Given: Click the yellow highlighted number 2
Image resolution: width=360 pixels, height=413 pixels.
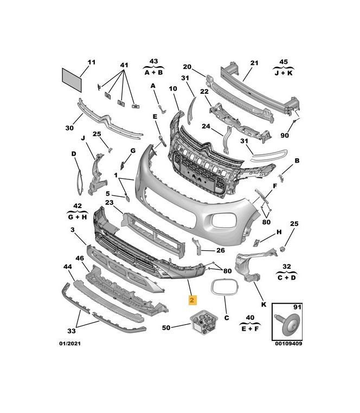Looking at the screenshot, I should coord(192,299).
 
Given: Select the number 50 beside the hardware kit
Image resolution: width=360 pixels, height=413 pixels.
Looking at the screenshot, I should coord(166,327).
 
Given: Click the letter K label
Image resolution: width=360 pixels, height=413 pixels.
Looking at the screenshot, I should coord(264,306).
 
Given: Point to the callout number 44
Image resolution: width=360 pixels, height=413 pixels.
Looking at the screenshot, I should coord(68,267).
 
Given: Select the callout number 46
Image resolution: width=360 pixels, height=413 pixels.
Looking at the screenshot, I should coord(80,259).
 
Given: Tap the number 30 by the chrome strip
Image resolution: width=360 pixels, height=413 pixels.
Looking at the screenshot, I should coord(69,128).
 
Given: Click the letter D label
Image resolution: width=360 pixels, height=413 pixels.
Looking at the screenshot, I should coord(74,153).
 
